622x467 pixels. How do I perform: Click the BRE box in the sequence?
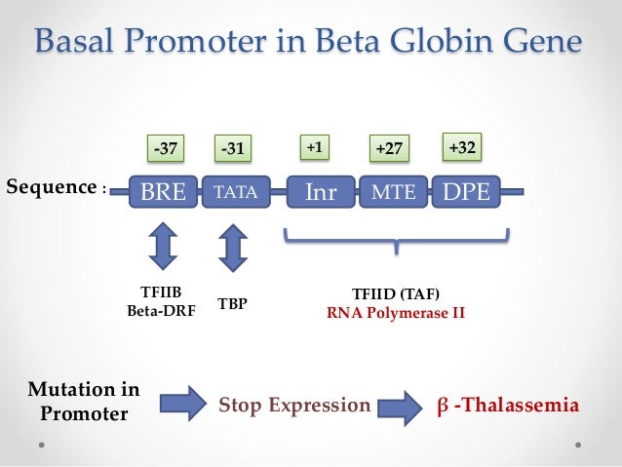(162, 192)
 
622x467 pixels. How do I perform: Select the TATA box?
(234, 192)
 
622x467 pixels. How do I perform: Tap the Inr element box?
(321, 192)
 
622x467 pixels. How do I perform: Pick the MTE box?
(393, 192)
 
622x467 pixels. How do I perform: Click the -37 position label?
(163, 149)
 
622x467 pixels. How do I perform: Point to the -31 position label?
(232, 149)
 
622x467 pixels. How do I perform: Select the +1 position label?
(314, 146)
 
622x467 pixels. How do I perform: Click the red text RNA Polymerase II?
(395, 314)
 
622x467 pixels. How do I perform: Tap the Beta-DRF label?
(162, 312)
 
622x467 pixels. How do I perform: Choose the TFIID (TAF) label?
(395, 295)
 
